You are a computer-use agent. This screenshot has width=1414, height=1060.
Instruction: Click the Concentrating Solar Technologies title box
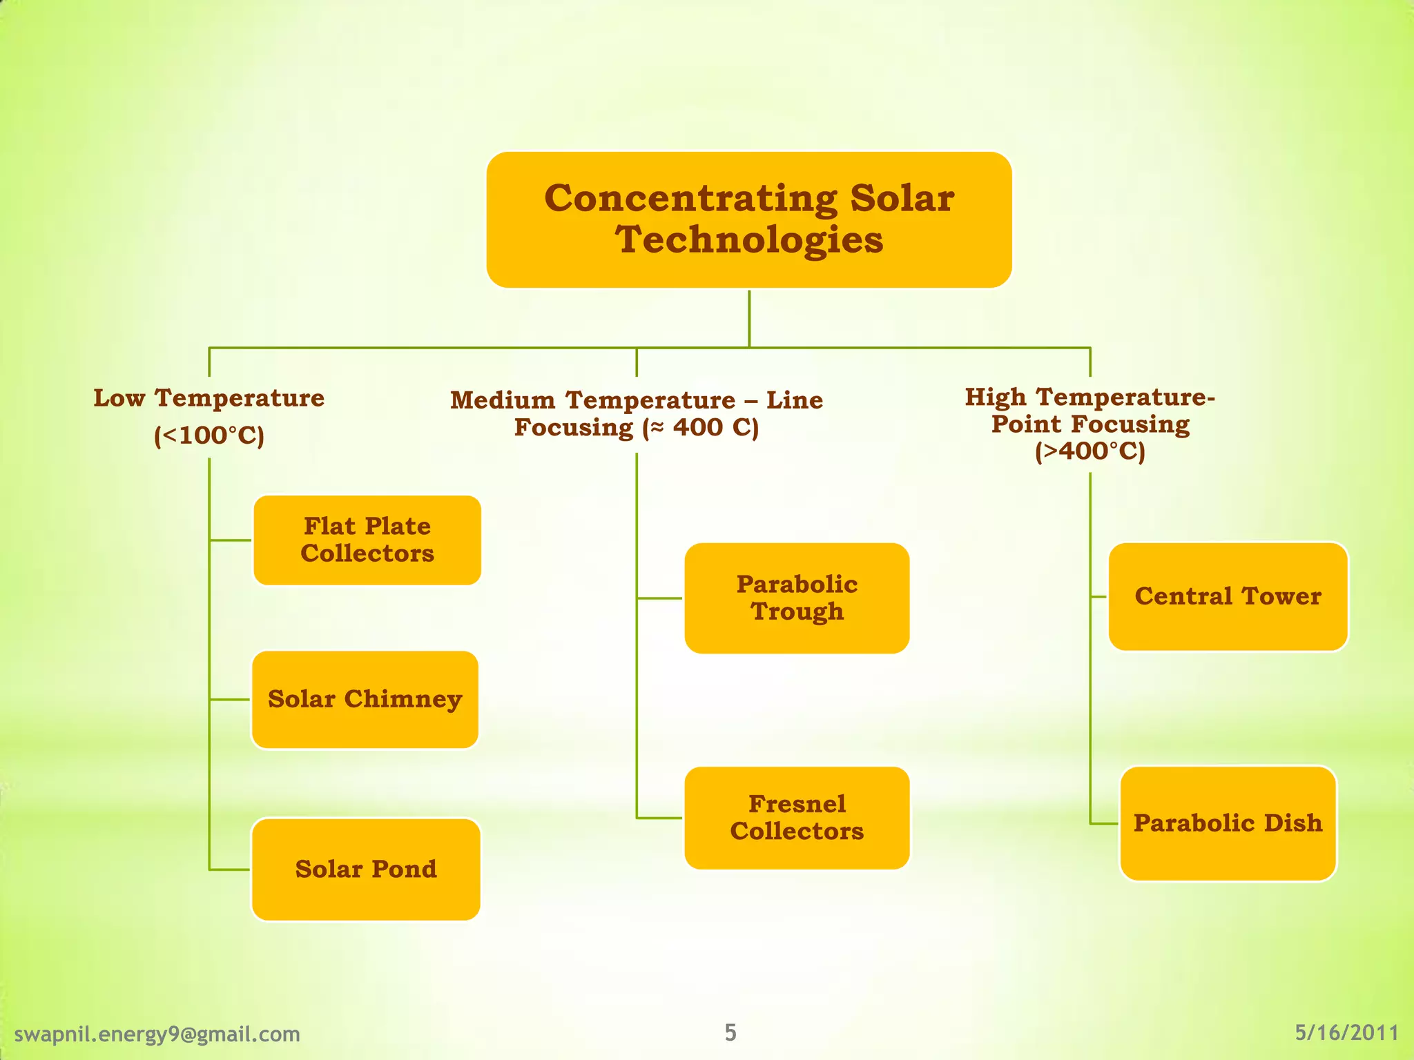click(x=749, y=219)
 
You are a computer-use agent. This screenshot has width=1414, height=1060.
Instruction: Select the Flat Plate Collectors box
click(x=367, y=540)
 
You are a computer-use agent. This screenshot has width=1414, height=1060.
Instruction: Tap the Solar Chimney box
click(x=365, y=699)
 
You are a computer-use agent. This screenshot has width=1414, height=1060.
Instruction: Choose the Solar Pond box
click(x=366, y=869)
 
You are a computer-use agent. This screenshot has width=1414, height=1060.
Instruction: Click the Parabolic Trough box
click(x=797, y=598)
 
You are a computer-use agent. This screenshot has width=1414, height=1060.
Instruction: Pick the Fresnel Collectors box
click(x=797, y=818)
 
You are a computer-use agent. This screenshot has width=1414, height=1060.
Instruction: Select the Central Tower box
click(x=1228, y=596)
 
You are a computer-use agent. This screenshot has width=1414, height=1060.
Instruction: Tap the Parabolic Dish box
click(x=1228, y=823)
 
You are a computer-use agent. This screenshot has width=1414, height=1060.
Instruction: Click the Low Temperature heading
click(x=209, y=398)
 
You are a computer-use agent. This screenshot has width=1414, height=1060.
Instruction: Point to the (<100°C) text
click(x=209, y=436)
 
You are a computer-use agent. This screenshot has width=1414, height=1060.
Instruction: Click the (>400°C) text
click(x=1089, y=451)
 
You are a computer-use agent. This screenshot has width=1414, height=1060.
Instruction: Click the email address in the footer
click(x=157, y=1034)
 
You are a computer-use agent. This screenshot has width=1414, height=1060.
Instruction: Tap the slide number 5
click(x=730, y=1032)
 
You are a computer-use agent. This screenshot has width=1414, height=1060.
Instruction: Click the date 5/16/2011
click(x=1346, y=1032)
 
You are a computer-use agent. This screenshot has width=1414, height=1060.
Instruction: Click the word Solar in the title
click(x=902, y=199)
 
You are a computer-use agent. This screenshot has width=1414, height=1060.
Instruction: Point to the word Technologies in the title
click(x=749, y=240)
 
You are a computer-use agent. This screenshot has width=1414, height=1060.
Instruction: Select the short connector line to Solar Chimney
click(x=230, y=699)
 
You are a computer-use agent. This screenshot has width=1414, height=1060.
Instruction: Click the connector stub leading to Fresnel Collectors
click(x=659, y=818)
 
